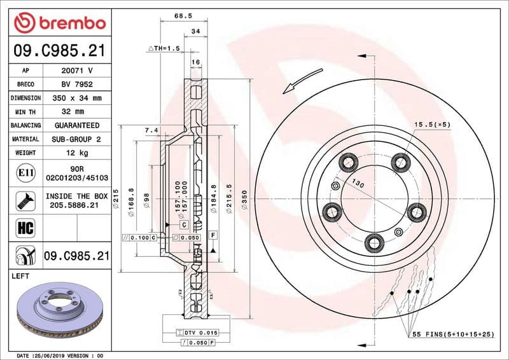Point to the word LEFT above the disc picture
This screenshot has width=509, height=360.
pyautogui.click(x=22, y=277)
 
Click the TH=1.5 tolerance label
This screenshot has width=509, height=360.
pyautogui.click(x=164, y=48)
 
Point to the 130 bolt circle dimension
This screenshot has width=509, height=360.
pyautogui.click(x=358, y=184)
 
